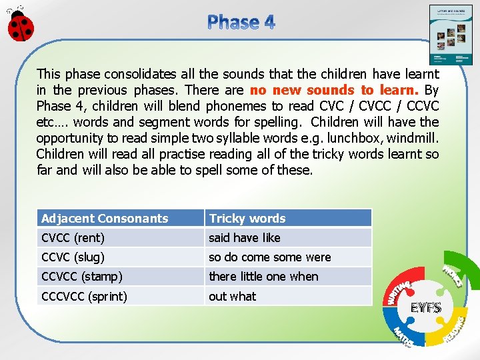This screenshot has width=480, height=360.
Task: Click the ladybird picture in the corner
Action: coord(19,25)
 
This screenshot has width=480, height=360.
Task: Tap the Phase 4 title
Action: coord(241,22)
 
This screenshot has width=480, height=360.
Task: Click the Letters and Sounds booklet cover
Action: coord(450,35)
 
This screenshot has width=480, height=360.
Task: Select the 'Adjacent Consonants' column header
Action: coord(120,218)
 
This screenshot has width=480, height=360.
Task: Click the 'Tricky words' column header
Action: coord(287,218)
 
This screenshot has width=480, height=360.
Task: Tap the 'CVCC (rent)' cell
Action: coord(120,238)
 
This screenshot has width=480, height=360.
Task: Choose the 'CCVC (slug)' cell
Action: coord(120,257)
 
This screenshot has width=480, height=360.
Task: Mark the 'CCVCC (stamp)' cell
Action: coord(120,277)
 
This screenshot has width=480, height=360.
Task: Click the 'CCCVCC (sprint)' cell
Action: coord(120,296)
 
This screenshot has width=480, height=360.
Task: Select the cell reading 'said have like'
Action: coord(287,238)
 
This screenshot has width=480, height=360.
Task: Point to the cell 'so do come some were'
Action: coord(287,257)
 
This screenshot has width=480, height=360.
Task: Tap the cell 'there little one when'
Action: coord(287,277)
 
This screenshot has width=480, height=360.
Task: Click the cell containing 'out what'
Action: coord(287,296)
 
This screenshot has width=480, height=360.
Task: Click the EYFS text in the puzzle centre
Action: coord(426,308)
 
